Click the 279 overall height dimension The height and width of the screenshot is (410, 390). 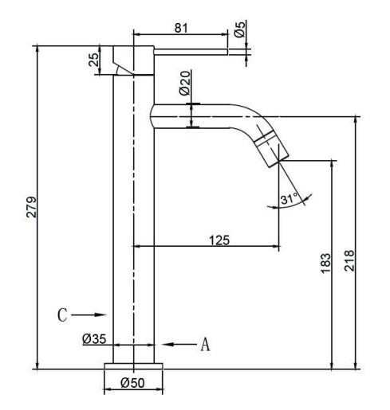pyautogui.click(x=31, y=207)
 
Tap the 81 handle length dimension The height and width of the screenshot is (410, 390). pyautogui.click(x=181, y=28)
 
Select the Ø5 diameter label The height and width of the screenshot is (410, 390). pyautogui.click(x=239, y=29)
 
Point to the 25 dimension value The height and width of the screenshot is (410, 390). pyautogui.click(x=93, y=60)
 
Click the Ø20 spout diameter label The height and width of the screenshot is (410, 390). pyautogui.click(x=185, y=83)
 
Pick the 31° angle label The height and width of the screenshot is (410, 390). pyautogui.click(x=289, y=199)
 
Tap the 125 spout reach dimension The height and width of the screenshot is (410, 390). pyautogui.click(x=219, y=240)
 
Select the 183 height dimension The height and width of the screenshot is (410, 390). pyautogui.click(x=325, y=263)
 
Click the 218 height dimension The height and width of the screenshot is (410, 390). pyautogui.click(x=349, y=260)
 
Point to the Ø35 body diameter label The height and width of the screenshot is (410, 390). pyautogui.click(x=94, y=339)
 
